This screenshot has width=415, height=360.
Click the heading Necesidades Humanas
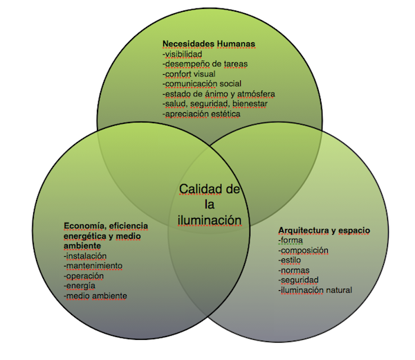(208, 44)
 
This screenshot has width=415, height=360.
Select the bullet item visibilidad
(184, 54)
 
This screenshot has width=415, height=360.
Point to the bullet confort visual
(189, 73)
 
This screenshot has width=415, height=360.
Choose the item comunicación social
(201, 83)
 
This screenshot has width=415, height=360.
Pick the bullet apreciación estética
(201, 113)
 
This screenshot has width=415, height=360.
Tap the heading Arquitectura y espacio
(324, 230)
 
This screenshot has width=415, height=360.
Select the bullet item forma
(291, 240)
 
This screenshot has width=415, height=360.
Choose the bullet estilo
(291, 260)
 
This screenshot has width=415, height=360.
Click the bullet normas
(294, 270)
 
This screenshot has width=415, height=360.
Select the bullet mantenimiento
(93, 265)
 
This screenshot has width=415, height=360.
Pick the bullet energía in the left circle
(80, 285)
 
